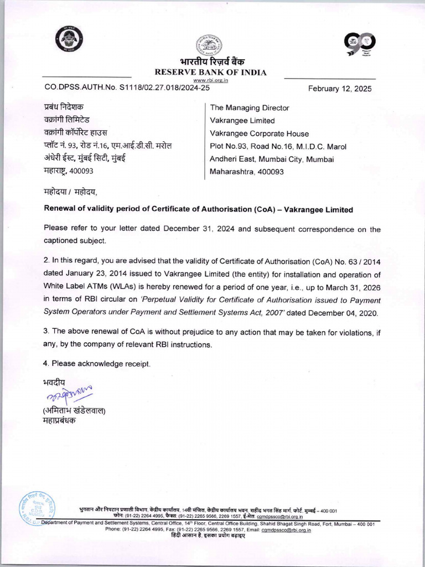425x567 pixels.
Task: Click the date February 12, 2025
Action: click(x=340, y=89)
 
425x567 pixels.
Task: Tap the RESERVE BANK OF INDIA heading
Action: click(x=210, y=73)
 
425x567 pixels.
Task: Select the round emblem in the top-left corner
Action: click(x=69, y=40)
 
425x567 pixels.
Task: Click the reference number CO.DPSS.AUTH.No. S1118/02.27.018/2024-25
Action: click(x=127, y=88)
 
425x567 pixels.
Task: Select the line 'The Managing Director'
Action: click(x=250, y=108)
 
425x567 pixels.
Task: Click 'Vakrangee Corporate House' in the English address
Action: click(x=259, y=133)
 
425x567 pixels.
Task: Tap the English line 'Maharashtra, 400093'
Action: click(x=247, y=172)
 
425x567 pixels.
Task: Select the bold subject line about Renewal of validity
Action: click(x=198, y=210)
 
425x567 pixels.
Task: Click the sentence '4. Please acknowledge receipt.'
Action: click(x=97, y=363)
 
